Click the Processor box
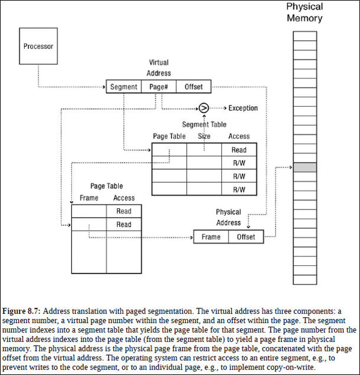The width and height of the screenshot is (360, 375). click(x=38, y=46)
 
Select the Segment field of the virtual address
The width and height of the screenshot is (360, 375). click(x=123, y=87)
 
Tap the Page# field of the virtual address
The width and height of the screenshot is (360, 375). click(x=159, y=87)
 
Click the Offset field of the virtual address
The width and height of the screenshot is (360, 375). click(x=194, y=87)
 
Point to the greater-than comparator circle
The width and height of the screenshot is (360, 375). click(x=204, y=108)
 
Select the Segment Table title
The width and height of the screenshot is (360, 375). click(x=204, y=124)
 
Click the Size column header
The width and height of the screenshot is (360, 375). click(x=204, y=136)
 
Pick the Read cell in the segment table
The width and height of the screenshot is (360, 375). click(x=239, y=150)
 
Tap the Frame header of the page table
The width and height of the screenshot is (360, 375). click(x=89, y=198)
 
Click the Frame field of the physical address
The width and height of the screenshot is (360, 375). click(x=211, y=237)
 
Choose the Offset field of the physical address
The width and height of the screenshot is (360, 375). click(x=246, y=237)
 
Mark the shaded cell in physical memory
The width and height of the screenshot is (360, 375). click(x=305, y=167)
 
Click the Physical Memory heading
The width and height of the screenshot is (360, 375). click(x=305, y=12)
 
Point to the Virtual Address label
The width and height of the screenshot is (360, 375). click(x=158, y=68)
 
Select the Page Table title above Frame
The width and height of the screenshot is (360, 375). click(x=107, y=186)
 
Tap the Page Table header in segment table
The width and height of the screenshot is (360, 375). click(x=169, y=136)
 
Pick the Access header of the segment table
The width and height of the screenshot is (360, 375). click(x=239, y=136)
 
